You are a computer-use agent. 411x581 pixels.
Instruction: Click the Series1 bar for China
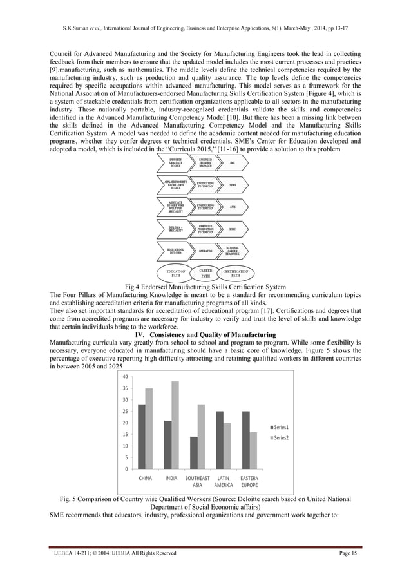(142, 436)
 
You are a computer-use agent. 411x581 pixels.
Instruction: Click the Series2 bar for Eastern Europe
(253, 450)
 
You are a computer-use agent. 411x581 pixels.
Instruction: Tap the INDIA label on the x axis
(171, 479)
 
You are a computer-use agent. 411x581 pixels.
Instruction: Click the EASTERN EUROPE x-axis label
(249, 482)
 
